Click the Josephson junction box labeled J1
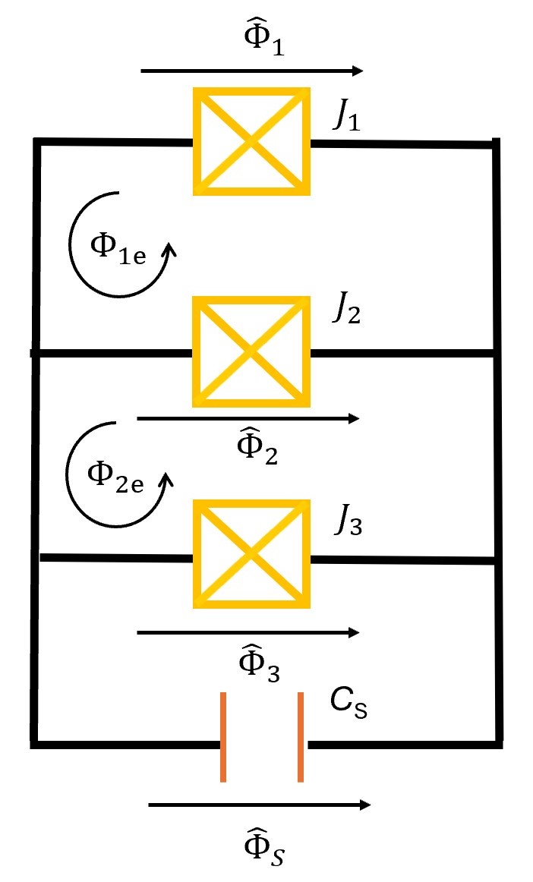pos(251,142)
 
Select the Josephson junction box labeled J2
pos(251,351)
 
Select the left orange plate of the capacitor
pos(223,736)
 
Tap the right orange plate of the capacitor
pos(301,736)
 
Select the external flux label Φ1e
pos(114,247)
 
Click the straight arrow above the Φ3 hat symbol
pos(248,632)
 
